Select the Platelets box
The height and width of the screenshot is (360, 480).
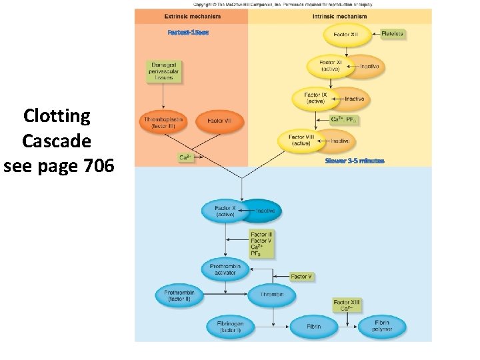pyautogui.click(x=392, y=34)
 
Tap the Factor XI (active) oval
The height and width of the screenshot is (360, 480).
pyautogui.click(x=330, y=65)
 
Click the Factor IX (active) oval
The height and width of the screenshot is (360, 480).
pyautogui.click(x=315, y=99)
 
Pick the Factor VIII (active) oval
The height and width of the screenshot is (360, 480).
pyautogui.click(x=299, y=140)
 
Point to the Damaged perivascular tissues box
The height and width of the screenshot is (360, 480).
pyautogui.click(x=163, y=71)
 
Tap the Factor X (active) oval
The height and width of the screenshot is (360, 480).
pyautogui.click(x=225, y=211)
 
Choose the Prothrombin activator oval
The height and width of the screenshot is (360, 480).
pyautogui.click(x=225, y=270)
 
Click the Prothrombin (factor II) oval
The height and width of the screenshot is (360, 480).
pyautogui.click(x=179, y=295)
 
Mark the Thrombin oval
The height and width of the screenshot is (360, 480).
pyautogui.click(x=271, y=294)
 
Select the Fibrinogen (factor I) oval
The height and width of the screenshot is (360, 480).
pyautogui.click(x=230, y=327)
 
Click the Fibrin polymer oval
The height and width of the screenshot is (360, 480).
pyautogui.click(x=381, y=326)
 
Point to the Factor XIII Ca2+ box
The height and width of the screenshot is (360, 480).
pyautogui.click(x=347, y=305)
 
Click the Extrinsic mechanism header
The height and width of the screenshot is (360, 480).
pyautogui.click(x=191, y=16)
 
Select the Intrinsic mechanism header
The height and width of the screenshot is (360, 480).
pyautogui.click(x=339, y=16)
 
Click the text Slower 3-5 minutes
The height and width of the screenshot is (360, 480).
pyautogui.click(x=355, y=161)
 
